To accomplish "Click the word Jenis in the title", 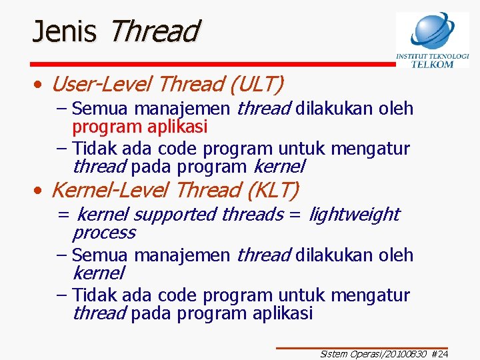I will tap(65, 31).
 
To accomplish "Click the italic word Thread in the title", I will tap(153, 31).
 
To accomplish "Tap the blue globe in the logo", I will tap(432, 31).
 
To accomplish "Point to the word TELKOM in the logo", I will tap(432, 65).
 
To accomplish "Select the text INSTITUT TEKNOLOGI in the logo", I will tap(432, 57).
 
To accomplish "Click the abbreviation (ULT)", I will tap(256, 85).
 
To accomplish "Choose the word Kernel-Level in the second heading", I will tap(110, 191).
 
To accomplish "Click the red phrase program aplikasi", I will tap(140, 127).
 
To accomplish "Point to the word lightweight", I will tap(354, 215).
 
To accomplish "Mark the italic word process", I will tap(103, 233).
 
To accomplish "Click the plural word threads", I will tap(252, 215).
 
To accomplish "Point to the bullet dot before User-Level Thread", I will tap(41, 85).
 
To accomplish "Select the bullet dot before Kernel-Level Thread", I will tap(41, 191).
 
